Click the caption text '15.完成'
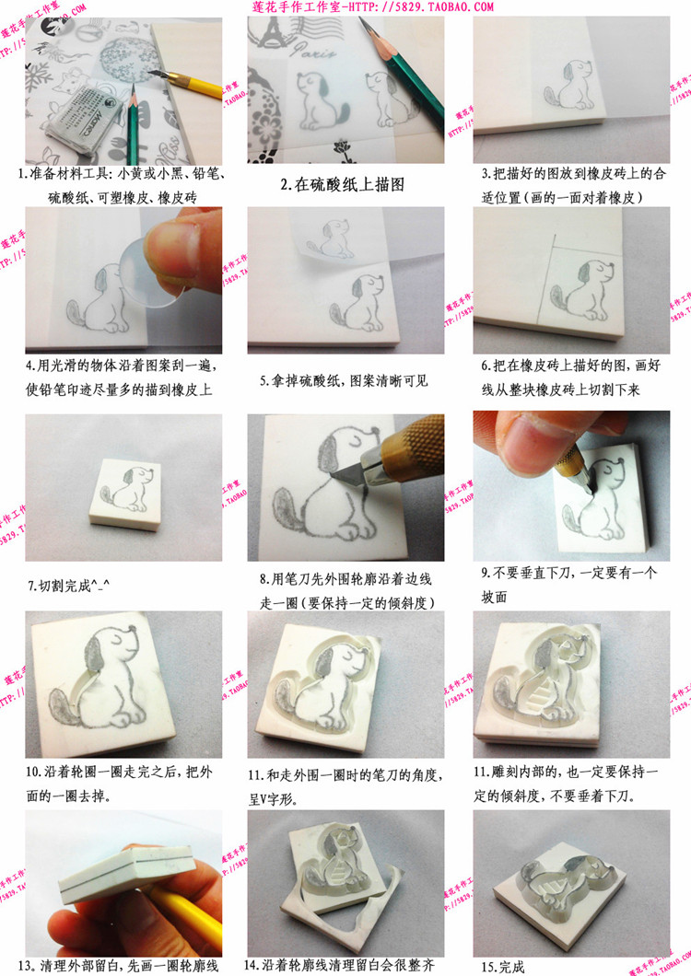pos(502,967)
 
